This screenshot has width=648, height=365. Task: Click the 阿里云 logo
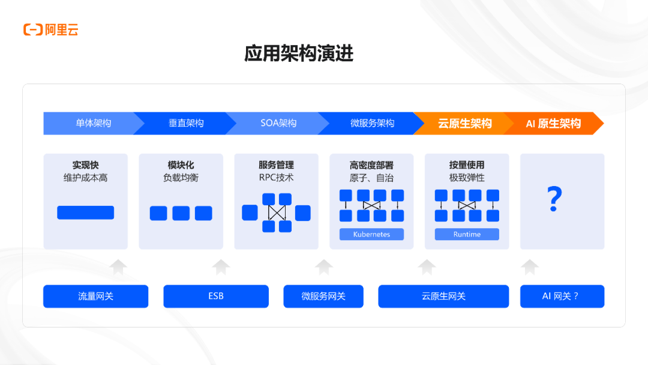tap(51, 29)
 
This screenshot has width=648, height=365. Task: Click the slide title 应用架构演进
tap(299, 53)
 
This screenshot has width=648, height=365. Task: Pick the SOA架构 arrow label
tap(278, 123)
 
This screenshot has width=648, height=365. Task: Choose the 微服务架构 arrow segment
tap(372, 123)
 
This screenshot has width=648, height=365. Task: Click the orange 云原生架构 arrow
tap(465, 123)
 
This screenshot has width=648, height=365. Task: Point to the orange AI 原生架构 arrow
tap(553, 123)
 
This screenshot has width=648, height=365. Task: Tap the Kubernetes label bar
tap(371, 234)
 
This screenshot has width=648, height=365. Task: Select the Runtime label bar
tap(467, 234)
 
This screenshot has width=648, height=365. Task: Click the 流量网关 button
tap(95, 296)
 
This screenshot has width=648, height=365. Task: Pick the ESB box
tap(216, 296)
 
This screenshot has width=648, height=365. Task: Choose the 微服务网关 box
tap(323, 296)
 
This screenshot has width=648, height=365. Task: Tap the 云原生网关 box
tap(443, 296)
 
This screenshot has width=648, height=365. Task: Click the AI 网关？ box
tap(562, 296)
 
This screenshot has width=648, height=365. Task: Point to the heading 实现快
tap(86, 164)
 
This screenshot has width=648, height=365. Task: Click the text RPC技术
tap(276, 178)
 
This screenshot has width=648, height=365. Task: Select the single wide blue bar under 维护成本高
tap(85, 213)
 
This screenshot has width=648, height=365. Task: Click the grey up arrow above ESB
tap(221, 267)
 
